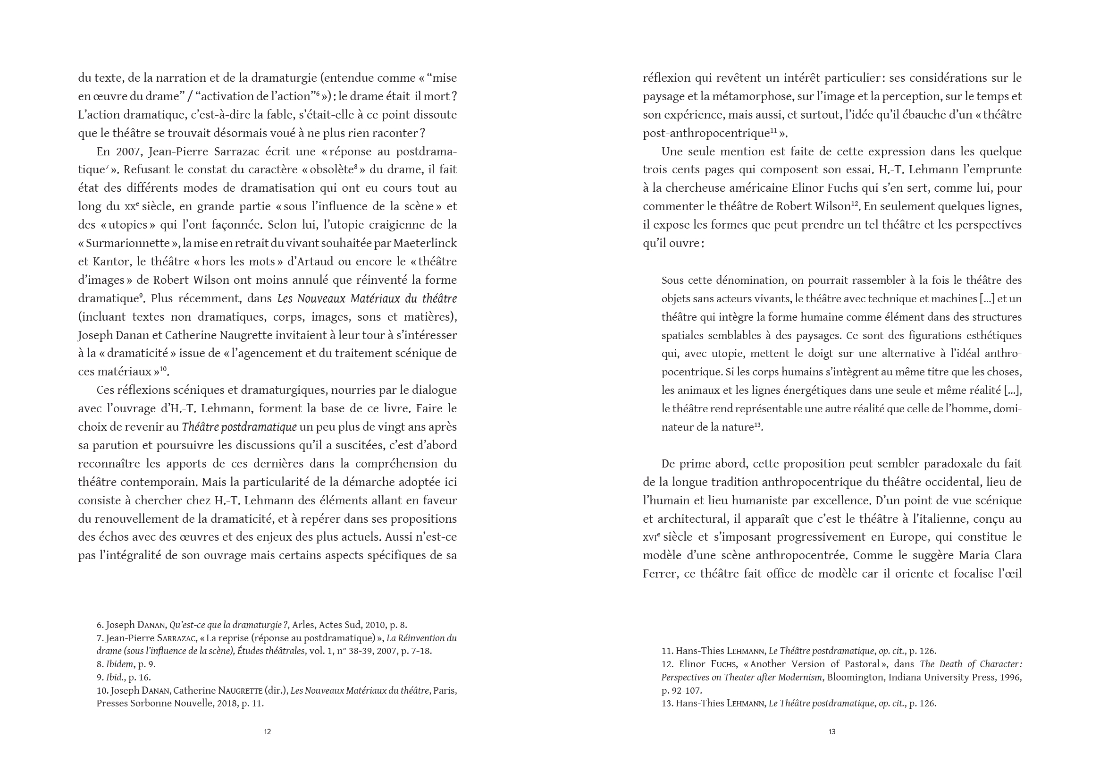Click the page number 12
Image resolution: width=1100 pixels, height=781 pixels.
[x=268, y=732]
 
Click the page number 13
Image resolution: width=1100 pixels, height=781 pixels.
[x=832, y=732]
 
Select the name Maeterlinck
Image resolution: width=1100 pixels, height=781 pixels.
[x=425, y=243]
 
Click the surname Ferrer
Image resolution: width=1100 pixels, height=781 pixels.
[x=659, y=574]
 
